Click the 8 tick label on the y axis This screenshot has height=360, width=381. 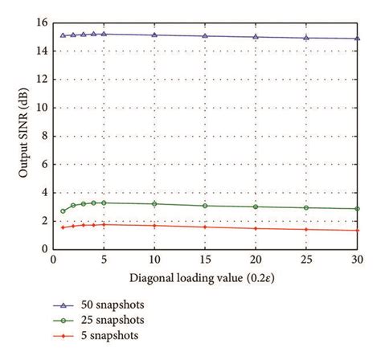pyautogui.click(x=43, y=136)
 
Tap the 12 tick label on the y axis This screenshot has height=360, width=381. pyautogui.click(x=40, y=79)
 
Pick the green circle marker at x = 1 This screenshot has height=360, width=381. pyautogui.click(x=63, y=211)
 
